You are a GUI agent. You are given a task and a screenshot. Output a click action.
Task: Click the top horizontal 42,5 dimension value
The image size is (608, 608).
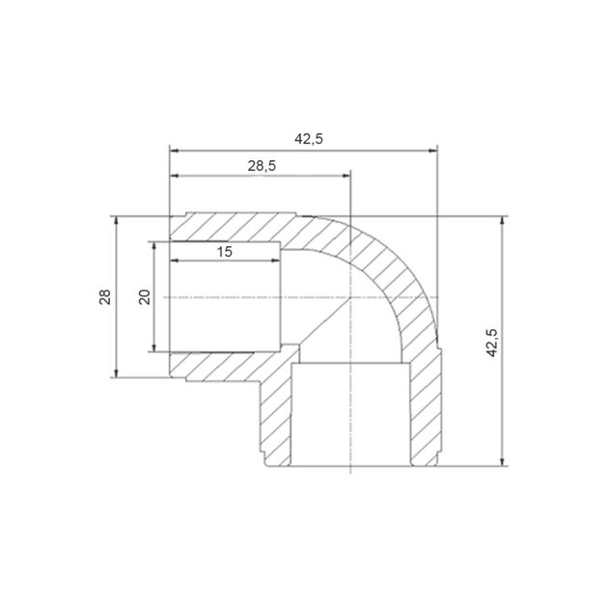(308, 139)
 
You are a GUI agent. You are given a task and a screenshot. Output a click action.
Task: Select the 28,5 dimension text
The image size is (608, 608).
(262, 166)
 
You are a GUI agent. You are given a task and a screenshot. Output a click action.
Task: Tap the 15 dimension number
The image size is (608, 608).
(224, 252)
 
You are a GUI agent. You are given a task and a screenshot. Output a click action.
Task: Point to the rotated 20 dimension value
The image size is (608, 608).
(145, 296)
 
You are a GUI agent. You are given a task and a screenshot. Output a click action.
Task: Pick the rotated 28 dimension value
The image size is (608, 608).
(105, 296)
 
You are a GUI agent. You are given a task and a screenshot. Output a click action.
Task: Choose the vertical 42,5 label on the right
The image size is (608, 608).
(491, 343)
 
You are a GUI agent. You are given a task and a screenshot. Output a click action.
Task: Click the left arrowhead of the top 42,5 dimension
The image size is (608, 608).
(174, 151)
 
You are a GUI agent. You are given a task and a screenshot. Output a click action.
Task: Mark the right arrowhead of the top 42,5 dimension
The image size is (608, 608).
(433, 151)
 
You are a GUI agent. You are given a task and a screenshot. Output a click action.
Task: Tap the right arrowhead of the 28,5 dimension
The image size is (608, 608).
(346, 176)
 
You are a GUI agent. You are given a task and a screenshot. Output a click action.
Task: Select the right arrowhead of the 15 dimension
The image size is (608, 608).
(276, 261)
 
